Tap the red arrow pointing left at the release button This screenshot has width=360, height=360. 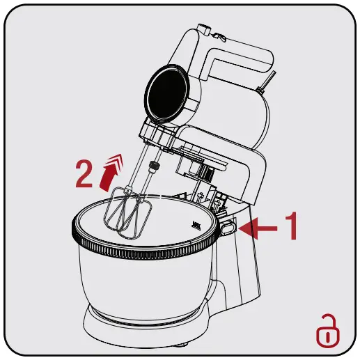[x=263, y=227]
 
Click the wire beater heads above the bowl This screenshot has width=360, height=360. [x=127, y=210]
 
